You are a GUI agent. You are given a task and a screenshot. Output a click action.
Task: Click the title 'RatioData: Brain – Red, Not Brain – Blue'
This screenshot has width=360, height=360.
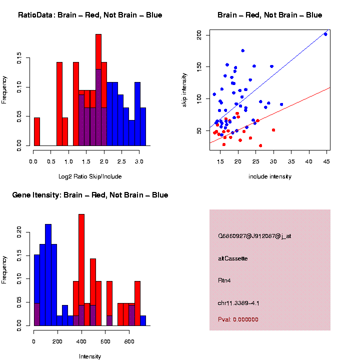click(90, 15)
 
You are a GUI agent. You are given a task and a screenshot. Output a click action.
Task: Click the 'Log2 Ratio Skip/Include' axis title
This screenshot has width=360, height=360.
click(90, 176)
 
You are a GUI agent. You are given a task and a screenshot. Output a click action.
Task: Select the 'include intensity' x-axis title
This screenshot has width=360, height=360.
click(269, 176)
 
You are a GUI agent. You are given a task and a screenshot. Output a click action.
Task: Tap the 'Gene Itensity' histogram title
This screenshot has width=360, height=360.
click(90, 195)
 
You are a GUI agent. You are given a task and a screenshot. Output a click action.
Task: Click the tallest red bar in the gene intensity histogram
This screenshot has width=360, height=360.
click(81, 270)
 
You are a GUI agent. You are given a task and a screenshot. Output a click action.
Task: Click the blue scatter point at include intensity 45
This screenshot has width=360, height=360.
click(325, 34)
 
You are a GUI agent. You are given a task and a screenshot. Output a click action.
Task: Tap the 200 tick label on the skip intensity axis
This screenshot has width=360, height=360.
click(199, 34)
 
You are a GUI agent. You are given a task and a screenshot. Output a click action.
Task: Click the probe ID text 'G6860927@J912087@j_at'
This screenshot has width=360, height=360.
click(254, 235)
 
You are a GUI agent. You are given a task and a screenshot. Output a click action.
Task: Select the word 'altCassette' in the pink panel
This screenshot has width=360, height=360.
click(233, 258)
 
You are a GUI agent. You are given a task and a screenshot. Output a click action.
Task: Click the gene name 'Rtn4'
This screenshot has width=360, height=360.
click(225, 280)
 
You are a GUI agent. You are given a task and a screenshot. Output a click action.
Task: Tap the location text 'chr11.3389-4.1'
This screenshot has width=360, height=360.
click(238, 302)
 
